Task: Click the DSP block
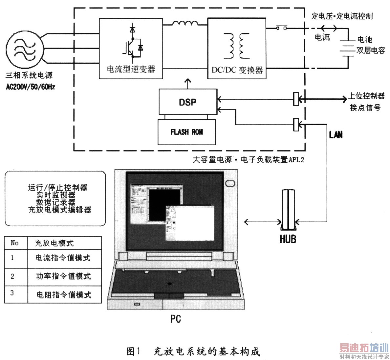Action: click(x=188, y=102)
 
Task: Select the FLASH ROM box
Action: click(x=186, y=132)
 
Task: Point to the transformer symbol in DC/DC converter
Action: click(x=237, y=46)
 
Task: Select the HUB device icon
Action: click(x=288, y=210)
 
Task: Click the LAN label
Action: click(x=336, y=135)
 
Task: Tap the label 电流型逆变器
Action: click(x=131, y=69)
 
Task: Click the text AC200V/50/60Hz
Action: click(x=30, y=87)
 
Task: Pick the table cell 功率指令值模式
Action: click(x=63, y=276)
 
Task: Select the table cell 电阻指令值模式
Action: click(x=64, y=295)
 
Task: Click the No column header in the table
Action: click(x=15, y=243)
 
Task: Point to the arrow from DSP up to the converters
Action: click(x=188, y=84)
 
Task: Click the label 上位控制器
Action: click(x=366, y=96)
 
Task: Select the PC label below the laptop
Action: click(x=176, y=319)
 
